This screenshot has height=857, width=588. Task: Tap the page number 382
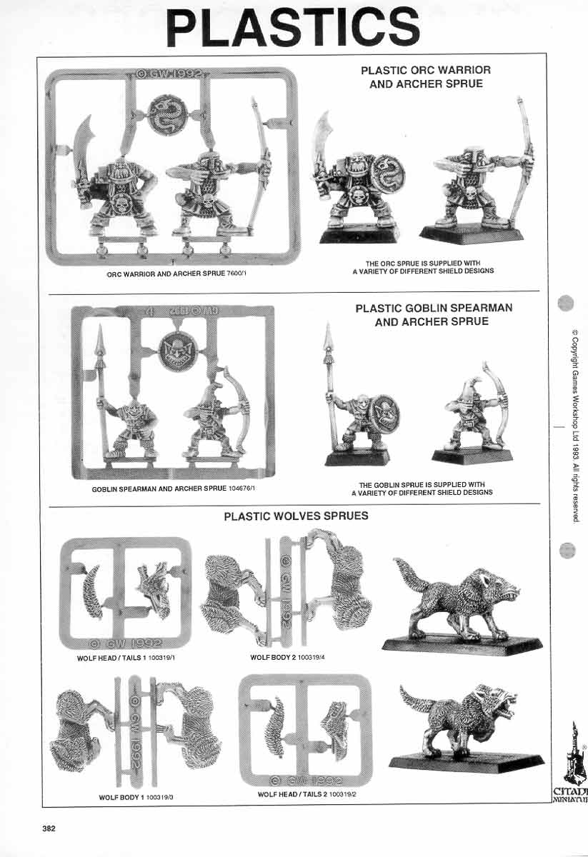click(x=49, y=828)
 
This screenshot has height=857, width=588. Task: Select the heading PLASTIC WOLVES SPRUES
click(x=296, y=516)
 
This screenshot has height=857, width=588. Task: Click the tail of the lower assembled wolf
click(x=414, y=701)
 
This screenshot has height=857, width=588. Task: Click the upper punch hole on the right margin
click(x=566, y=303)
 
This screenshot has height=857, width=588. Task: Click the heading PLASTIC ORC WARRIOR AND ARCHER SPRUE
click(x=425, y=77)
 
